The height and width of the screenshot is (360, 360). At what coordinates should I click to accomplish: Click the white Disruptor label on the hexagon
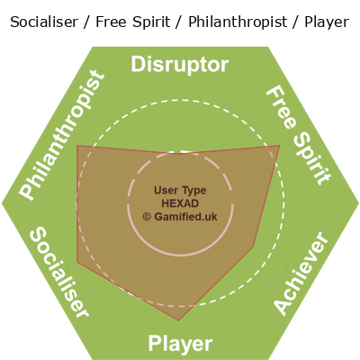[180, 65]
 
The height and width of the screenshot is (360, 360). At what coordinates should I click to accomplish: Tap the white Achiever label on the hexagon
[301, 274]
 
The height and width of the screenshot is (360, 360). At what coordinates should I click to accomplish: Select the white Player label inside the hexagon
[180, 344]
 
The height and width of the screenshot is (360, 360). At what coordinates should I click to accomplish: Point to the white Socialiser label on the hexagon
[59, 272]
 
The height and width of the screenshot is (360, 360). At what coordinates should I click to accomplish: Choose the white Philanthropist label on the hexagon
[62, 135]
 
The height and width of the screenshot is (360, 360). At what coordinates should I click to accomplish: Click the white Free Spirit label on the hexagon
[299, 135]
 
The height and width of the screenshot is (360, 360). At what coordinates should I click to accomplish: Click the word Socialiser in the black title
[44, 22]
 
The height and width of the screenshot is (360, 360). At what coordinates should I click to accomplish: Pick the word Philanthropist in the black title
[238, 22]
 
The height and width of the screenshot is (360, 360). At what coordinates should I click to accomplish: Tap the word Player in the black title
[327, 22]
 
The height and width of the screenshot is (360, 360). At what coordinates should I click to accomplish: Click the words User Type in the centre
[180, 191]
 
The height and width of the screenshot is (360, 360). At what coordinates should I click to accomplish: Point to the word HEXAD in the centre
[180, 203]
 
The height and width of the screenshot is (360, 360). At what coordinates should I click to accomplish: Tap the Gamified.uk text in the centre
[185, 217]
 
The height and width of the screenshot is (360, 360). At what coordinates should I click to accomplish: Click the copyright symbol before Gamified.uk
[147, 217]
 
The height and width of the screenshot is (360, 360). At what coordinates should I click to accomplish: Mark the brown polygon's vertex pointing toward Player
[179, 320]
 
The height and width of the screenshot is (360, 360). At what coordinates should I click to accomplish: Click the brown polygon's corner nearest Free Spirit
[280, 146]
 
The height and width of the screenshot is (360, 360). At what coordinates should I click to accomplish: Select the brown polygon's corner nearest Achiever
[254, 247]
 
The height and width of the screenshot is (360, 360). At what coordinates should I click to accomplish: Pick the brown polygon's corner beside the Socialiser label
[77, 262]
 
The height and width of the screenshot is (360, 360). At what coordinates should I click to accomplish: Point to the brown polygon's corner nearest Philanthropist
[77, 146]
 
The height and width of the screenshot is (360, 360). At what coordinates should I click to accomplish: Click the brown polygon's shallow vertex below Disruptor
[179, 154]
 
